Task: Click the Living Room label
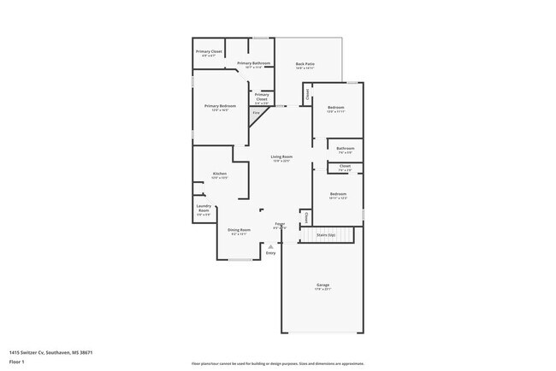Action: pyautogui.click(x=281, y=157)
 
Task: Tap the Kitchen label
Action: pyautogui.click(x=220, y=174)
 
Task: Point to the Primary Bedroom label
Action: pyautogui.click(x=220, y=107)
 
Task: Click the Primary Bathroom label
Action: pyautogui.click(x=254, y=64)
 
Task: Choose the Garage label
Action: pyautogui.click(x=322, y=285)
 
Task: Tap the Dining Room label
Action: pyautogui.click(x=239, y=230)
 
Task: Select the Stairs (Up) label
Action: pyautogui.click(x=325, y=233)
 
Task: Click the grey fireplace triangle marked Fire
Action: pyautogui.click(x=255, y=113)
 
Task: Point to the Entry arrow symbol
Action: pyautogui.click(x=271, y=246)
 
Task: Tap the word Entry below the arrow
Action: pyautogui.click(x=271, y=253)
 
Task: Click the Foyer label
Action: pyautogui.click(x=279, y=224)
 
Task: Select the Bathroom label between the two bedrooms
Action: pyautogui.click(x=346, y=149)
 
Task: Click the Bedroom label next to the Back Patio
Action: pyautogui.click(x=335, y=108)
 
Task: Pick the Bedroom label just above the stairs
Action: pyautogui.click(x=338, y=195)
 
